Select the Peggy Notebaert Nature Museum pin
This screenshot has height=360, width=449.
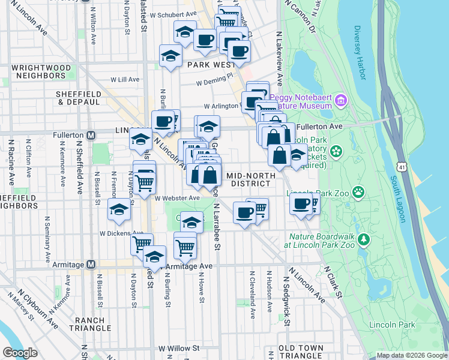[342, 98]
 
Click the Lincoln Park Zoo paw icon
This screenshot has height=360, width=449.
[359, 192]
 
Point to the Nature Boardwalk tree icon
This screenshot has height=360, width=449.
[364, 240]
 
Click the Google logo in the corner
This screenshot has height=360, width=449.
[20, 353]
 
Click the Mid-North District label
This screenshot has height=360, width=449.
[252, 179]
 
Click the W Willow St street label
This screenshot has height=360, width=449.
[178, 348]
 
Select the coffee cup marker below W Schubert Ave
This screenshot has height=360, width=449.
[205, 40]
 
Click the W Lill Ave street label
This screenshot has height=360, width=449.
[125, 79]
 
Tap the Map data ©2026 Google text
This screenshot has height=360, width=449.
[412, 355]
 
